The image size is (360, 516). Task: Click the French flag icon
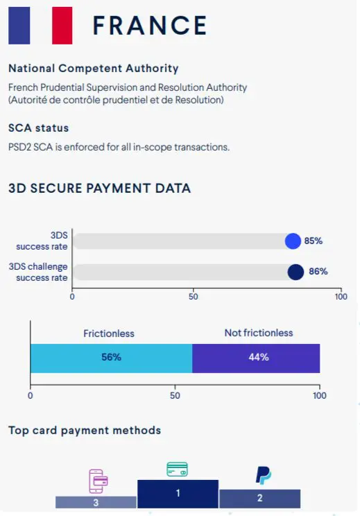pyautogui.click(x=40, y=25)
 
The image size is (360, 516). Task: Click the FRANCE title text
pyautogui.click(x=150, y=26)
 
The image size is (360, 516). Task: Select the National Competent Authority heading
pyautogui.click(x=93, y=69)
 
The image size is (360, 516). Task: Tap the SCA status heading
pyautogui.click(x=38, y=128)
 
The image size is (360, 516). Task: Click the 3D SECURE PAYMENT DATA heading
pyautogui.click(x=99, y=188)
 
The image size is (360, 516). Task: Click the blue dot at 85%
pyautogui.click(x=293, y=241)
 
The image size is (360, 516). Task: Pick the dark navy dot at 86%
pyautogui.click(x=295, y=272)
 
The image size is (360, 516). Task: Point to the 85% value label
pyautogui.click(x=314, y=241)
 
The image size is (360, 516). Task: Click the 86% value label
pyautogui.click(x=318, y=272)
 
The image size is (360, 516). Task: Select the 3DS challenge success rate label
pyautogui.click(x=38, y=272)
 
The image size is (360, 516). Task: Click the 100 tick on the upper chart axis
pyautogui.click(x=340, y=296)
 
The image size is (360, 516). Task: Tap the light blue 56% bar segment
pyautogui.click(x=111, y=358)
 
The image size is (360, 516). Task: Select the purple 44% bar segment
pyautogui.click(x=256, y=358)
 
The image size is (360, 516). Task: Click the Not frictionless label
pyautogui.click(x=258, y=333)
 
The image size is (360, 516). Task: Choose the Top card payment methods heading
pyautogui.click(x=85, y=430)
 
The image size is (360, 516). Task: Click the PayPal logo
pyautogui.click(x=263, y=475)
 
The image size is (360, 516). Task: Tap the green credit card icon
pyautogui.click(x=177, y=470)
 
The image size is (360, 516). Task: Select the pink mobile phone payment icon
pyautogui.click(x=98, y=480)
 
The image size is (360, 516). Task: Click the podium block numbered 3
pyautogui.click(x=96, y=502)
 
